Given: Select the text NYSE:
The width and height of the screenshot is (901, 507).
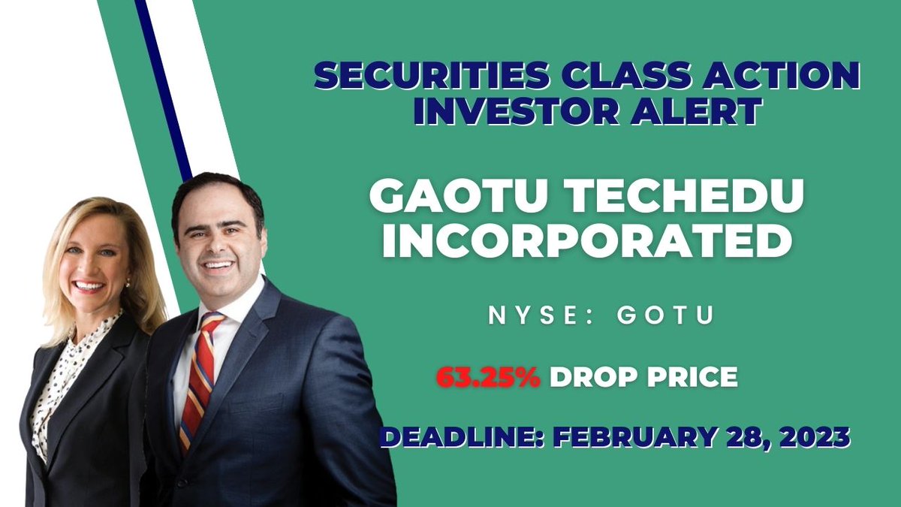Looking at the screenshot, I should point(531,315).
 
